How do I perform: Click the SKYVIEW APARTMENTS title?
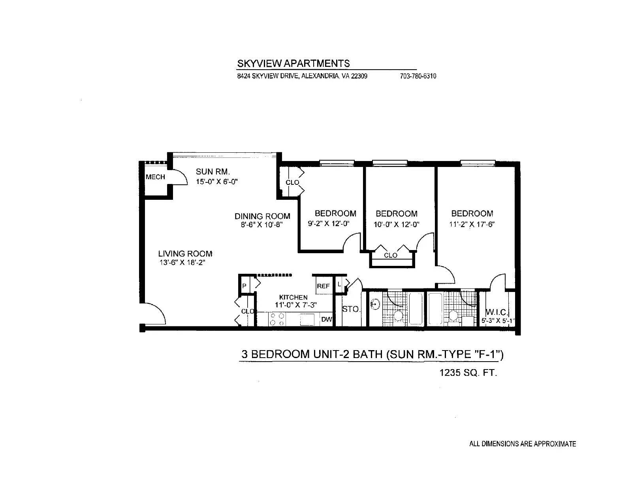[x=293, y=63]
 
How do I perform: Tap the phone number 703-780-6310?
[x=418, y=76]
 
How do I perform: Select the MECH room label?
[x=155, y=177]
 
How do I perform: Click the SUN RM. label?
[x=213, y=172]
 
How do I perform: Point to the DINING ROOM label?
[x=262, y=216]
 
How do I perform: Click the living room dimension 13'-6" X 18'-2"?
[x=182, y=262]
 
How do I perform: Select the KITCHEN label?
[x=293, y=297]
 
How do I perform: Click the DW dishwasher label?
[x=327, y=319]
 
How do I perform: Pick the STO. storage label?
[x=351, y=309]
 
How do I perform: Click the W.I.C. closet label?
[x=497, y=312]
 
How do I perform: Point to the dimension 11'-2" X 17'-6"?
[x=472, y=224]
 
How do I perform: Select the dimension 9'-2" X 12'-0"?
[x=328, y=224]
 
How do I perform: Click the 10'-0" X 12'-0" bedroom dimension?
[x=397, y=224]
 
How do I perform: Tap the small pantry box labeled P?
[x=244, y=286]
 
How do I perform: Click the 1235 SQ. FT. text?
[x=468, y=373]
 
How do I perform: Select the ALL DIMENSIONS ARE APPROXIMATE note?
[x=523, y=444]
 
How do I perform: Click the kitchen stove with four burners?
[x=277, y=319]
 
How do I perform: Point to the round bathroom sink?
[x=375, y=305]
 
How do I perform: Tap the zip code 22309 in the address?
[x=359, y=76]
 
